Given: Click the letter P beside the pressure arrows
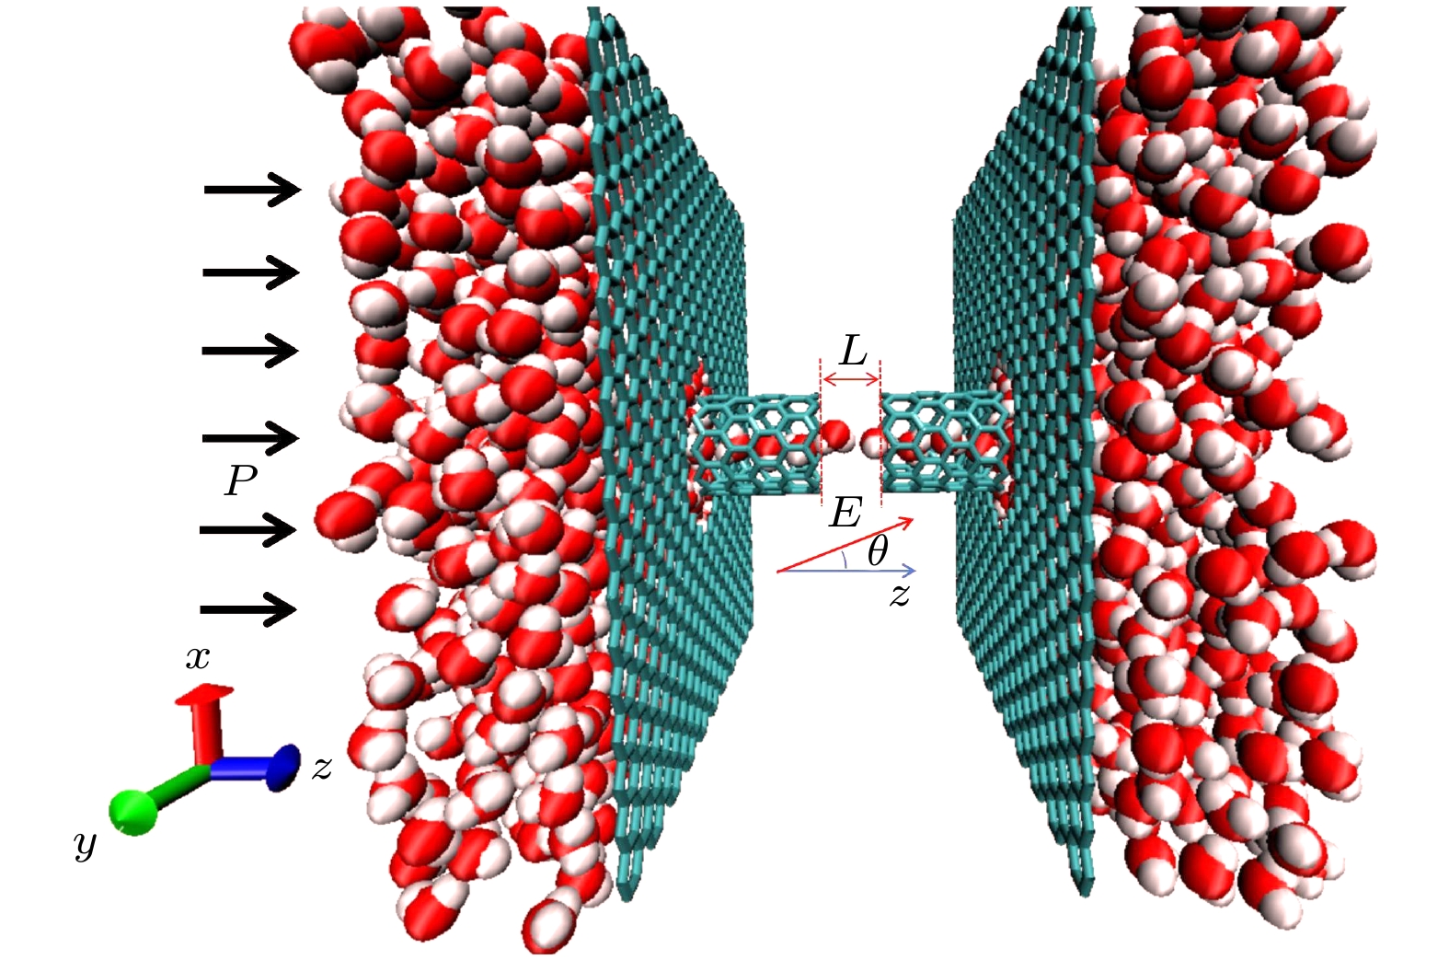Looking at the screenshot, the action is click(x=241, y=480).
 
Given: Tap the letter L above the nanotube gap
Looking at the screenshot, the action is click(x=853, y=353).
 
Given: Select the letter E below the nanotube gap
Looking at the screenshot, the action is click(x=845, y=513).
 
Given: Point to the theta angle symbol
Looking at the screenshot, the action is click(x=878, y=552).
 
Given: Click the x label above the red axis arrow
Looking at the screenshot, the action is click(x=198, y=658).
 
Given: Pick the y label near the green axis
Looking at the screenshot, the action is click(x=86, y=845).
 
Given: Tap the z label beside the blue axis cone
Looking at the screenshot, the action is click(x=321, y=769).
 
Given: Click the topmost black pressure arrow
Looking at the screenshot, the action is click(x=253, y=190).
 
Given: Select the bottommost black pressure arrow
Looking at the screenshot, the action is click(x=249, y=609).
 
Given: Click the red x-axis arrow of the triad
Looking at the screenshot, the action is click(x=206, y=723).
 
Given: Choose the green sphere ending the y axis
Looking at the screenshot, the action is click(x=134, y=813).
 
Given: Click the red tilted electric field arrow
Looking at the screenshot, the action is click(x=845, y=545).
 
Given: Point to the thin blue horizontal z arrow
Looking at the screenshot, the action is click(x=846, y=571).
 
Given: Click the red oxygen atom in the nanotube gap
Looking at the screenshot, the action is click(x=835, y=434).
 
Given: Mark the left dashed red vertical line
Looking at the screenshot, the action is click(x=821, y=432).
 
